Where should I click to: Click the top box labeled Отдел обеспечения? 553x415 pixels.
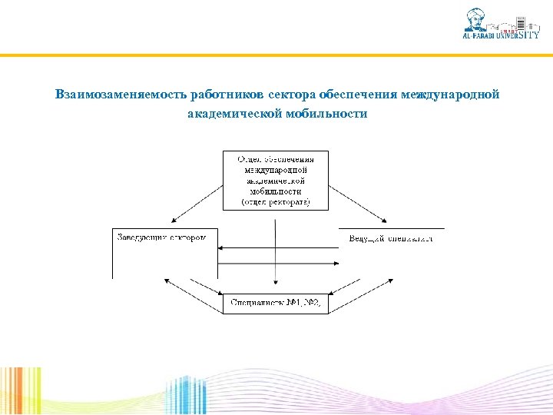click(x=276, y=180)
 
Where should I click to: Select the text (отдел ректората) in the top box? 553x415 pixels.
click(x=276, y=202)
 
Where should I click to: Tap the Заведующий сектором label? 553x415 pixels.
click(x=162, y=237)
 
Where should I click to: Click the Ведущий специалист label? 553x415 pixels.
click(x=391, y=237)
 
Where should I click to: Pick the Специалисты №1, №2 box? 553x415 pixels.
click(x=276, y=304)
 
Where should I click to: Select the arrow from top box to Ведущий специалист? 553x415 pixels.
click(x=357, y=201)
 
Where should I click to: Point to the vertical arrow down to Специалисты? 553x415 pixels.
click(x=276, y=254)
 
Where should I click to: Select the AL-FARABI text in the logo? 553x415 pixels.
click(x=482, y=35)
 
